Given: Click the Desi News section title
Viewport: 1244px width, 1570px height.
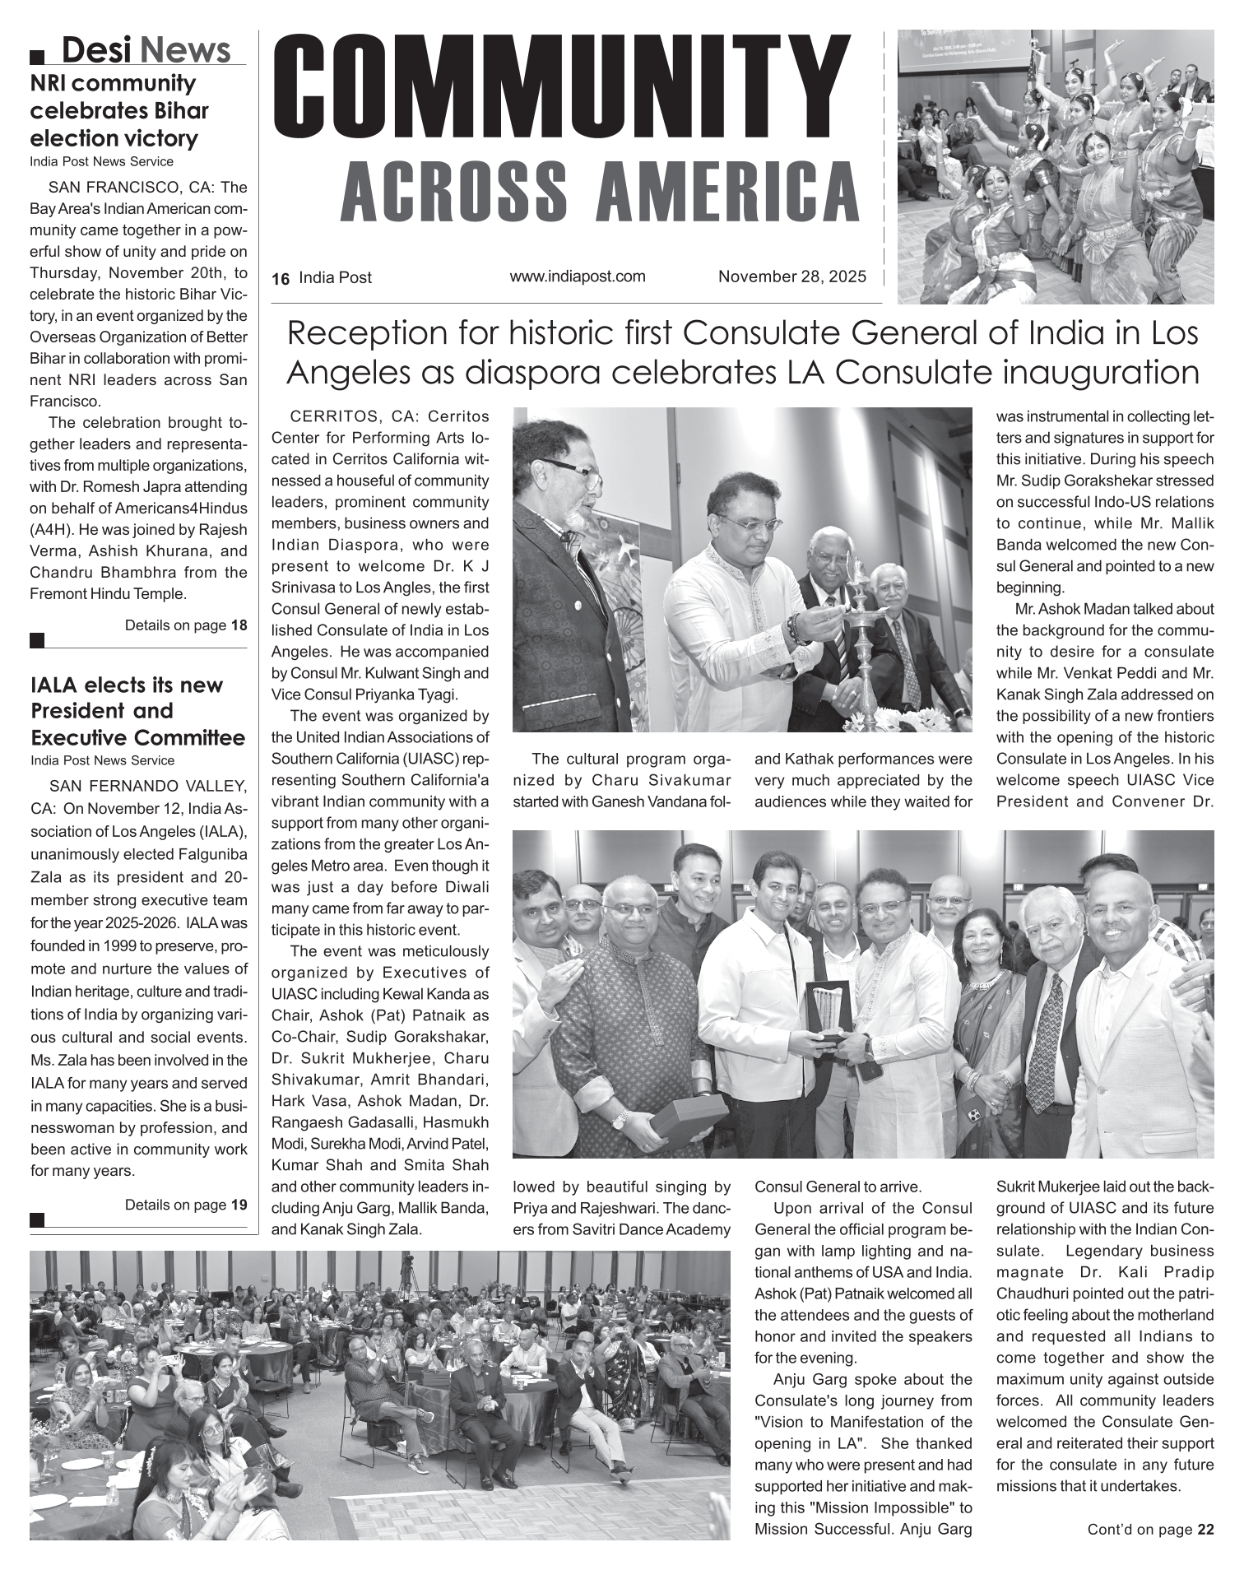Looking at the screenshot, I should tap(146, 50).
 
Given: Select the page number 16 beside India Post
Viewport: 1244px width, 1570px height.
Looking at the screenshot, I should tap(281, 279).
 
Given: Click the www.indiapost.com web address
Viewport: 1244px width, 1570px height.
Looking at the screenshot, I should tap(578, 276).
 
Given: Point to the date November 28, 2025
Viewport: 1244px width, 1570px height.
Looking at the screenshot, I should tap(792, 277).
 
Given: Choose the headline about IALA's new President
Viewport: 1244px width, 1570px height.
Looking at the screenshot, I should tap(137, 711).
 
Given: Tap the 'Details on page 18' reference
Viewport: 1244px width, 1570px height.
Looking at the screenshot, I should tap(185, 625).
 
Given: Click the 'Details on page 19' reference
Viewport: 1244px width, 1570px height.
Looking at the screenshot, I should tap(185, 1205).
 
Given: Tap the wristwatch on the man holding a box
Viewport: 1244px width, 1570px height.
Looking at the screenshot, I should tap(618, 1118).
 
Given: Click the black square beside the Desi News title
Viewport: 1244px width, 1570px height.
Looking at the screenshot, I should tap(37, 57).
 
